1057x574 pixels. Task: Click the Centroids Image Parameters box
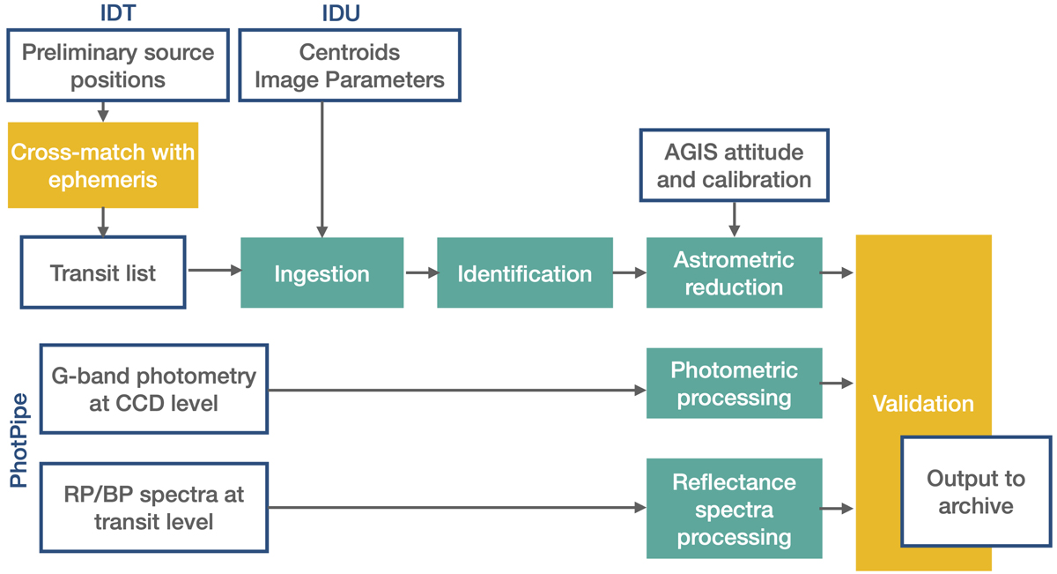(349, 65)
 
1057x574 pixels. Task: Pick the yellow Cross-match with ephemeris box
(103, 165)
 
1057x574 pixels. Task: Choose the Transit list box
(103, 272)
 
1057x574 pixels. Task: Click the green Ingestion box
(322, 272)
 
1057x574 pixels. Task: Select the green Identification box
(524, 272)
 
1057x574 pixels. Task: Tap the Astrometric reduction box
(734, 272)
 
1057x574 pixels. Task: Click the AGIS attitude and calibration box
(734, 165)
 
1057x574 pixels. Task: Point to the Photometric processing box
(734, 383)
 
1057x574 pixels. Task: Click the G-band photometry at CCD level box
(154, 389)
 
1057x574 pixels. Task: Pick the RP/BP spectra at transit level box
(154, 508)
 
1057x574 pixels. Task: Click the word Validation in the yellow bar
(923, 404)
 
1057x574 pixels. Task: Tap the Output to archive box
(975, 491)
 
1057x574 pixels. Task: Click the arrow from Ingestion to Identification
(421, 273)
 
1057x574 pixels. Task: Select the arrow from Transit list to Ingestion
(213, 271)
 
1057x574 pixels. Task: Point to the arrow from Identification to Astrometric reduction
(630, 273)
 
